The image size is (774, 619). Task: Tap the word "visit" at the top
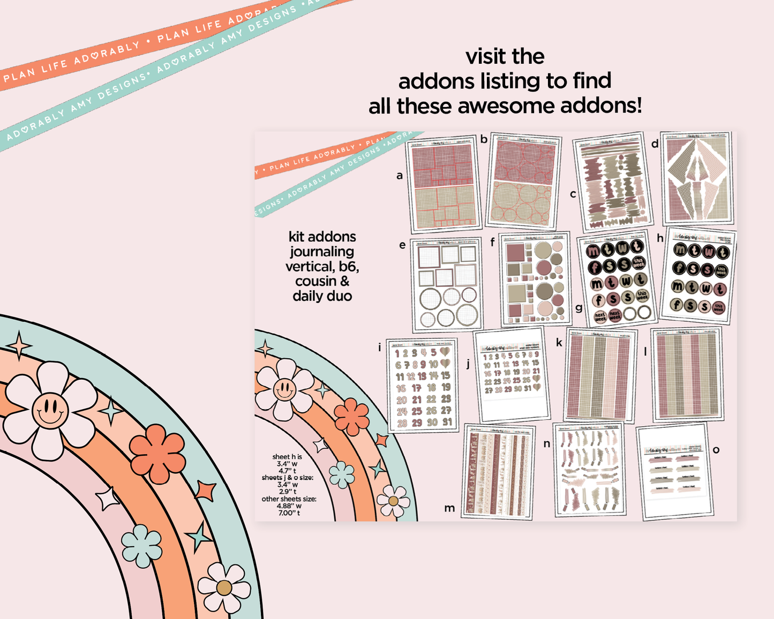(x=485, y=57)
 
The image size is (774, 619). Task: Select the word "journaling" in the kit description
(x=322, y=252)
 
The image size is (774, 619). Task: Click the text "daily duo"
(x=322, y=296)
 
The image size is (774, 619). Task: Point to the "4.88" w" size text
(x=289, y=505)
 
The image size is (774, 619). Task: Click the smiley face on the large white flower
(x=50, y=411)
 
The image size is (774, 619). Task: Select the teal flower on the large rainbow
(x=141, y=546)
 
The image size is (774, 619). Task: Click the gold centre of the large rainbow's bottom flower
(x=224, y=588)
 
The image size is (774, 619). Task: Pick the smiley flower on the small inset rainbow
(x=284, y=389)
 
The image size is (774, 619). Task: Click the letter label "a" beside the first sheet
(x=399, y=176)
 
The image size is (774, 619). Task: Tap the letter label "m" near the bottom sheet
(x=449, y=508)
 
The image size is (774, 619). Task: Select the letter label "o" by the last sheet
(x=716, y=450)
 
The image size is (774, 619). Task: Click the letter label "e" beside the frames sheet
(x=402, y=245)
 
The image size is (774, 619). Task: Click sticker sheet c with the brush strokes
(x=612, y=182)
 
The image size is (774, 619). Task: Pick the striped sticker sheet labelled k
(x=600, y=375)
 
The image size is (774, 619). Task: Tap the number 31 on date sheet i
(x=447, y=422)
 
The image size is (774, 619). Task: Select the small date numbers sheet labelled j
(x=512, y=375)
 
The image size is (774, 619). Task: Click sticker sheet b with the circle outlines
(x=523, y=180)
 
